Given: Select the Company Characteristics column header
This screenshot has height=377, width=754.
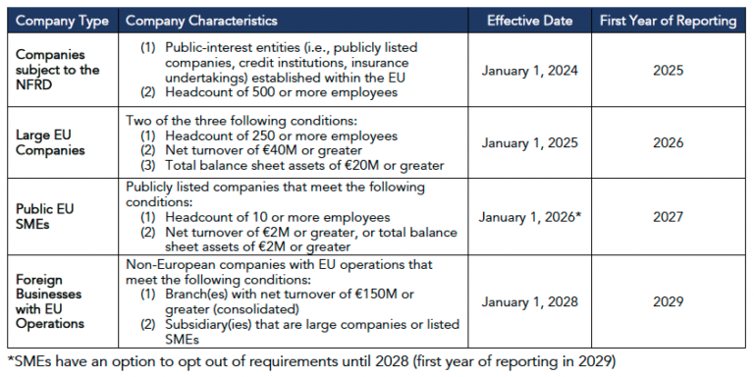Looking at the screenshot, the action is coord(202,21).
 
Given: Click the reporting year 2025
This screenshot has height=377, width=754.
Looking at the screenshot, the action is coord(668,71).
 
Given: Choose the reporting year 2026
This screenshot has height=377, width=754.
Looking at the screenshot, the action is coord(668,142).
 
